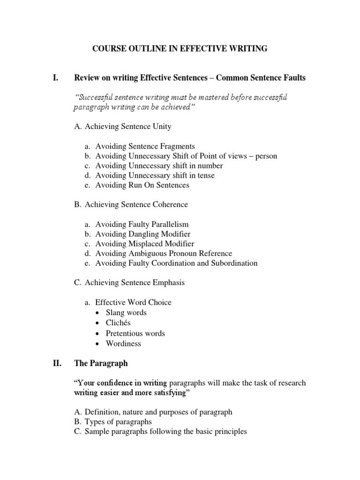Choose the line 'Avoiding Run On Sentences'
click(x=142, y=185)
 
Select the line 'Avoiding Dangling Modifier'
click(x=143, y=234)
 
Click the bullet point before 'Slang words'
click(x=97, y=313)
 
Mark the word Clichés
click(x=119, y=323)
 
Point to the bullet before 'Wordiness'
click(x=97, y=344)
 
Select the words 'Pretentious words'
click(x=136, y=333)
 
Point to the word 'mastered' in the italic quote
click(x=185, y=97)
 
